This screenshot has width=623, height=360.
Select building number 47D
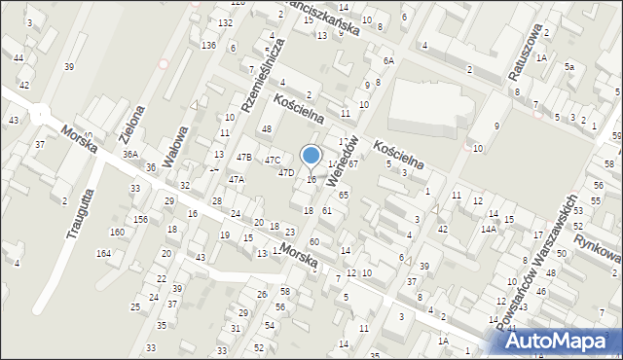[x=286, y=173]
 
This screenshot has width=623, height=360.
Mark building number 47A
[x=237, y=180]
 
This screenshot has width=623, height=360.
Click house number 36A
[x=130, y=155]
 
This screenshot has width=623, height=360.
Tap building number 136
[x=208, y=45]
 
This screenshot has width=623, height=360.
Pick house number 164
[x=103, y=254]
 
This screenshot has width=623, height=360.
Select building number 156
[x=141, y=219]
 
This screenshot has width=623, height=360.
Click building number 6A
[x=388, y=60]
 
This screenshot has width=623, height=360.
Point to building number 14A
[x=488, y=229]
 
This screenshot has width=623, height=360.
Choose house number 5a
[x=570, y=67]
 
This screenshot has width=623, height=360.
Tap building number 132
[x=225, y=22]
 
